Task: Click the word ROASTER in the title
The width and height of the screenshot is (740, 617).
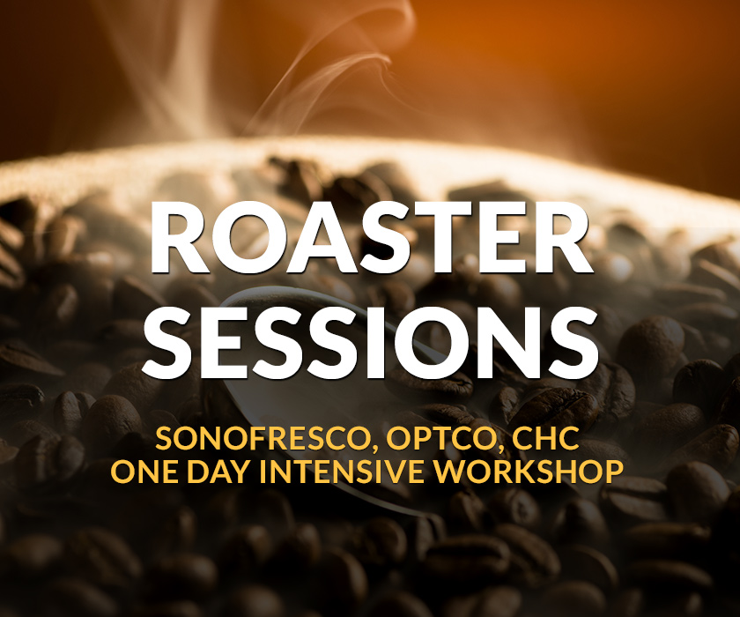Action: click(370, 237)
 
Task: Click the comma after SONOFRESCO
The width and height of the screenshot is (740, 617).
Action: click(372, 447)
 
